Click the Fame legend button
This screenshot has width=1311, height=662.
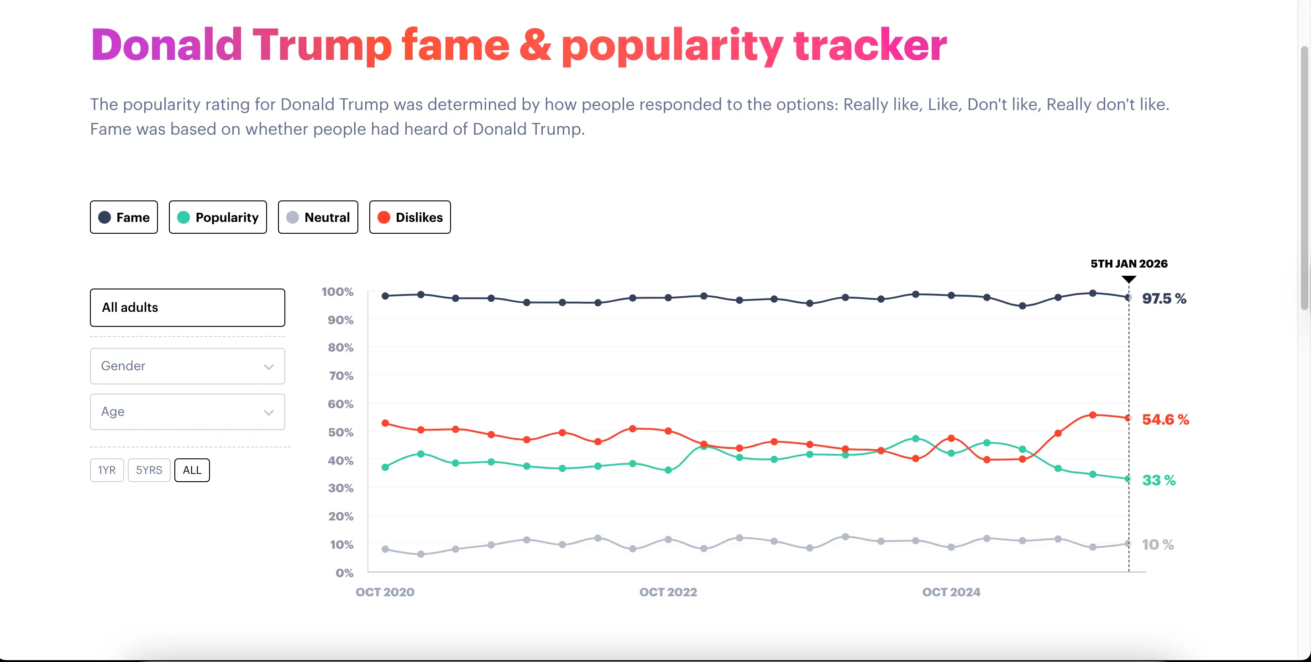[124, 217]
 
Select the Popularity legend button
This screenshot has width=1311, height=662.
[218, 217]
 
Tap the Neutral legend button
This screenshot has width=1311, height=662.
[318, 217]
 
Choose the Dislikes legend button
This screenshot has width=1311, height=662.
[410, 217]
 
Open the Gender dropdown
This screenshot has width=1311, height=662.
[187, 366]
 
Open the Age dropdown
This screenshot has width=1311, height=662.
[187, 412]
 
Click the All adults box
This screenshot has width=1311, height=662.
[187, 307]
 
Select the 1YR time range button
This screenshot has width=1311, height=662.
[107, 470]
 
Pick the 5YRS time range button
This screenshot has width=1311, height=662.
[149, 470]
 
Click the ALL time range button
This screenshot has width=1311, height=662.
[192, 470]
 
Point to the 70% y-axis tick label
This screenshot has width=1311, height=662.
[341, 376]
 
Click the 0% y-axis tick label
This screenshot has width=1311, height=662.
[344, 573]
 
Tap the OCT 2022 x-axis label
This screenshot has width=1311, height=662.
[668, 592]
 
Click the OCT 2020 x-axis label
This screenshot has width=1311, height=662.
[385, 592]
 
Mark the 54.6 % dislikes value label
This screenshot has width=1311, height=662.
[1165, 420]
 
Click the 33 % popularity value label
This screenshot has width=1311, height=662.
[1159, 480]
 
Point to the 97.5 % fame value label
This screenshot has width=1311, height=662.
[1164, 299]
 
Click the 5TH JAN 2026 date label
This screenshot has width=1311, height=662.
[1128, 263]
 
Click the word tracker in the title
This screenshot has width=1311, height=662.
[870, 45]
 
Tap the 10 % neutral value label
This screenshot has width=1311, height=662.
[1157, 545]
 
